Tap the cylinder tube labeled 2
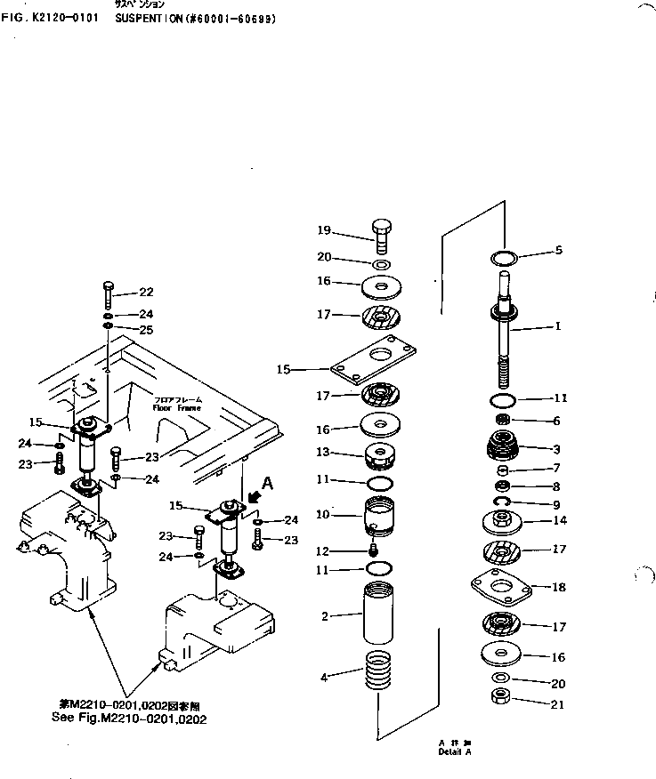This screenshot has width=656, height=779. tap(378, 614)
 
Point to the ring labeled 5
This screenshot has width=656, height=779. tap(505, 258)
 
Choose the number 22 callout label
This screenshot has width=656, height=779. tap(147, 293)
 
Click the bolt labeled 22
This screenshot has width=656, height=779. tap(107, 293)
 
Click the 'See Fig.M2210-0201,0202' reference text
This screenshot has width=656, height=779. tap(130, 719)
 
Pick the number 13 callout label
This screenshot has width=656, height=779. tap(324, 453)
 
